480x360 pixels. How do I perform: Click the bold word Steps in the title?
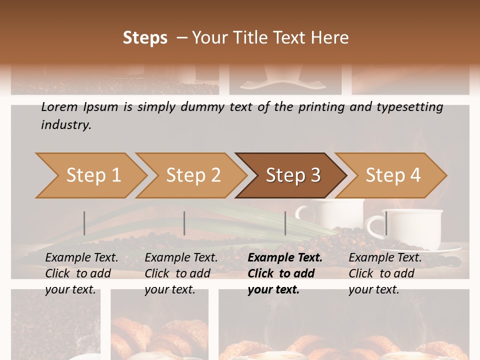click(145, 38)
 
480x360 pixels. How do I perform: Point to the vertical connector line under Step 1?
click(84, 223)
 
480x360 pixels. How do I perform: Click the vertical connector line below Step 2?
click(184, 223)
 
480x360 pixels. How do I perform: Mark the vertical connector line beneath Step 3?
click(285, 223)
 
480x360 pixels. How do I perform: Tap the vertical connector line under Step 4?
click(386, 223)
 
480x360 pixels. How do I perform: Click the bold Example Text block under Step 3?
click(285, 273)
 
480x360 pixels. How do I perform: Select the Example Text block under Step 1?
click(81, 273)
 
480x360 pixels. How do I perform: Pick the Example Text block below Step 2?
click(181, 273)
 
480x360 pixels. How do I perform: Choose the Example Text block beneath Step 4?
click(385, 273)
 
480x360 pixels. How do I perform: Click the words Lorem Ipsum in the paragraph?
click(79, 107)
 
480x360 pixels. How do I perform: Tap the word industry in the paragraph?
click(66, 125)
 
